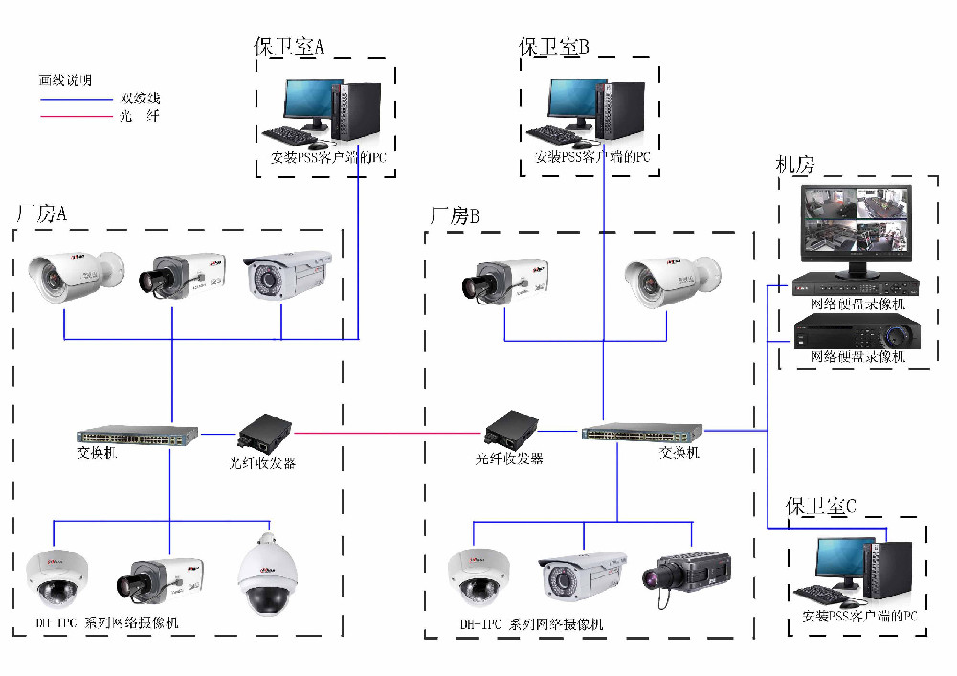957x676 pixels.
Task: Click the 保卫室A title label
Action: (290, 46)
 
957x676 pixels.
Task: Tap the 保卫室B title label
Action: (554, 46)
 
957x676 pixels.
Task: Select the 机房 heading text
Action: (794, 165)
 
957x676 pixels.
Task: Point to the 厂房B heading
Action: (455, 216)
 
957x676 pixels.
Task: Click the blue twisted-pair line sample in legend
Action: (76, 99)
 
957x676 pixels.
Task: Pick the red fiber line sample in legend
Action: (76, 117)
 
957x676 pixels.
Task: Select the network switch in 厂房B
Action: (641, 434)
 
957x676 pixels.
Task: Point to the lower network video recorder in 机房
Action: (857, 335)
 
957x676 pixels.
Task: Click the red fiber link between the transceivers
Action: (383, 433)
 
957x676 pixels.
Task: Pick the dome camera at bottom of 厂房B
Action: (478, 576)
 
